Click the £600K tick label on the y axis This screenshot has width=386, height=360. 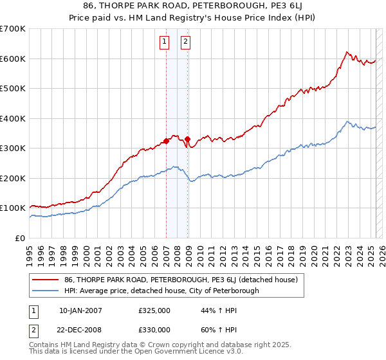(x=14, y=59)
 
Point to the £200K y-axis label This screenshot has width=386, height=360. (x=14, y=178)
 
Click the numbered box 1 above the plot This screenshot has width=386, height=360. (x=165, y=42)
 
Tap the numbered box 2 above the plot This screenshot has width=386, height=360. (x=185, y=42)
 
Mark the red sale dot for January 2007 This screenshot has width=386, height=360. (x=166, y=141)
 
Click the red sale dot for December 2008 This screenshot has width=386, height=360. (x=188, y=139)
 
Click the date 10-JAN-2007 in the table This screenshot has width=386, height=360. (x=80, y=310)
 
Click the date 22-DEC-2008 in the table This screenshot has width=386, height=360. (x=80, y=329)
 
